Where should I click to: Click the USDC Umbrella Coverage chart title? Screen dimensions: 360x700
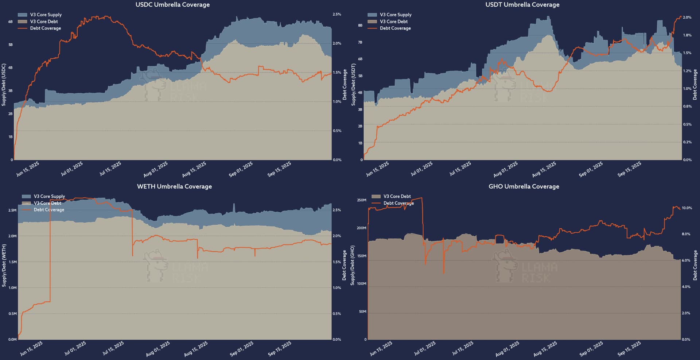pyautogui.click(x=172, y=5)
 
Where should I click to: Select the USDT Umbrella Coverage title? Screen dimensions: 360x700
pyautogui.click(x=522, y=5)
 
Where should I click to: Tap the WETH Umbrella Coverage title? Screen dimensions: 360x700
pyautogui.click(x=174, y=186)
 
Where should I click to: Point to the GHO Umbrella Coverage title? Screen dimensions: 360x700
pyautogui.click(x=524, y=186)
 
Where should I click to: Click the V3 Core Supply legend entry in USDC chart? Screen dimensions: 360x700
pyautogui.click(x=46, y=15)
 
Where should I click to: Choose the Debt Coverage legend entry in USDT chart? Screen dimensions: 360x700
pyautogui.click(x=395, y=28)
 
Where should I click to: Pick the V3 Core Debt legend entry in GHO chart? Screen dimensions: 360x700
pyautogui.click(x=397, y=196)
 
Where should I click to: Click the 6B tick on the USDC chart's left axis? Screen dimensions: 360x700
pyautogui.click(x=10, y=22)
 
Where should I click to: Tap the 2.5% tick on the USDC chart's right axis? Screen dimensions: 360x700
pyautogui.click(x=337, y=14)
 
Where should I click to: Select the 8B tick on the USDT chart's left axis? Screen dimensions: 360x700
pyautogui.click(x=360, y=26)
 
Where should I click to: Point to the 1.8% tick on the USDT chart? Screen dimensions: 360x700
pyautogui.click(x=687, y=35)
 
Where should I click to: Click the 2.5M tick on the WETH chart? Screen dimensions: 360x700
pyautogui.click(x=12, y=210)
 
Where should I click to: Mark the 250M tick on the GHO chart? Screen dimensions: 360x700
pyautogui.click(x=361, y=200)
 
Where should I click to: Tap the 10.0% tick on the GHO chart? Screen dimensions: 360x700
pyautogui.click(x=687, y=208)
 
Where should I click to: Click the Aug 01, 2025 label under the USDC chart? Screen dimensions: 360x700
pyautogui.click(x=156, y=169)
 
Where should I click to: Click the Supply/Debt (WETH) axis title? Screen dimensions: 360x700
pyautogui.click(x=4, y=266)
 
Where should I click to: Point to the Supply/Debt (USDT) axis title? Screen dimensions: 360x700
pyautogui.click(x=353, y=85)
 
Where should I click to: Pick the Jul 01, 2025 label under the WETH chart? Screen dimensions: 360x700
pyautogui.click(x=75, y=348)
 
